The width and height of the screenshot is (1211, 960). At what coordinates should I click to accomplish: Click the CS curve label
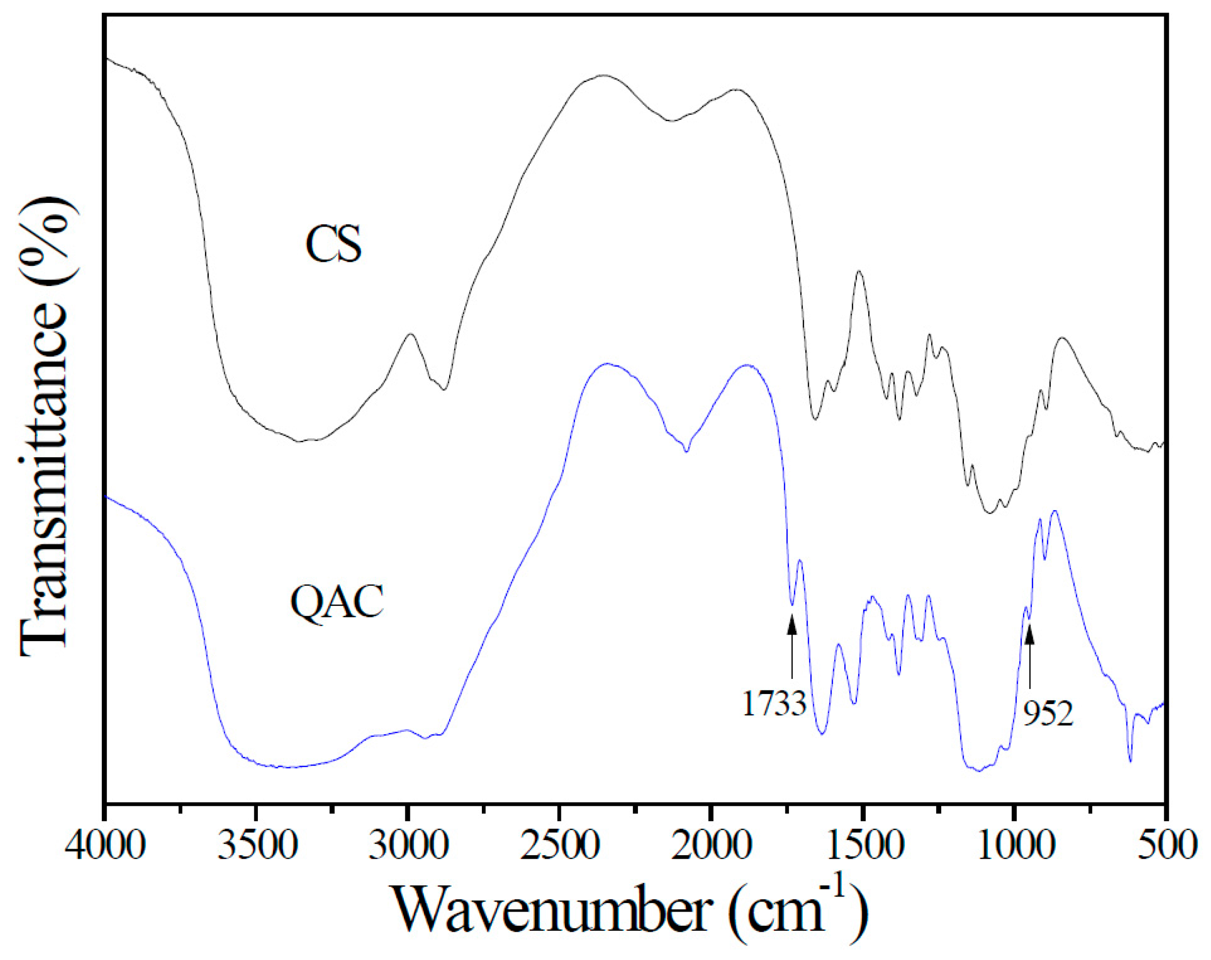pos(334,244)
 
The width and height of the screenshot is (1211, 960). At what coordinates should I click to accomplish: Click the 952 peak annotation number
pos(1047,714)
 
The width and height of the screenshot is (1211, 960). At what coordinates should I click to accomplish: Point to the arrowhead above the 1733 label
pos(792,624)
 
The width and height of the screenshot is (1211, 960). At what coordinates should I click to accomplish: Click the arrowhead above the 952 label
pos(1029,635)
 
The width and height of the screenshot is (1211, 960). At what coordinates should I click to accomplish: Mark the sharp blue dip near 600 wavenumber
pos(1130,760)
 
